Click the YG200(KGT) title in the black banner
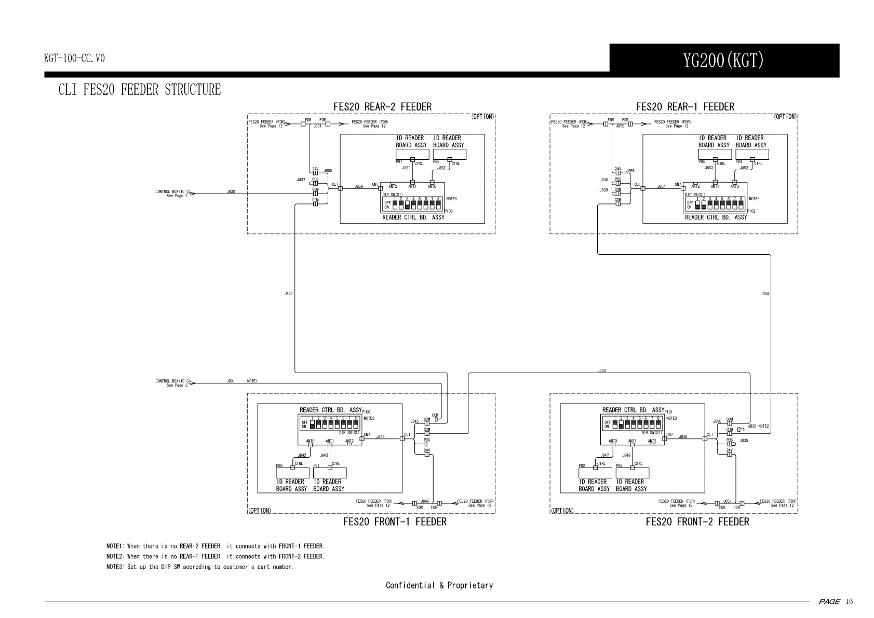coord(723,61)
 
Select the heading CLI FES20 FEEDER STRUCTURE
coord(139,90)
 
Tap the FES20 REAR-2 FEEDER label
coord(382,107)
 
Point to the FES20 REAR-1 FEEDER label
coord(685,107)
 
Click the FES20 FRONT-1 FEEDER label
coord(395,521)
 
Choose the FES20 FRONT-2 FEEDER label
coord(697,521)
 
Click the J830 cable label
coord(231,191)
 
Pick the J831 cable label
coord(231,381)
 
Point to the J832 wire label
coord(288,294)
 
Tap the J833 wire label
coord(601,370)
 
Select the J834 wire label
coord(764,294)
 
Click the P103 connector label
coord(449,211)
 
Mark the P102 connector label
coord(751,211)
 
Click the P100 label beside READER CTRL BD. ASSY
coord(366,412)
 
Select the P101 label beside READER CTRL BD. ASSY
coord(669,412)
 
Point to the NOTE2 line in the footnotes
coord(215,556)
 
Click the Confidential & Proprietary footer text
coord(439,585)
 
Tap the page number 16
coord(849,601)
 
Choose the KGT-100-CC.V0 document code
coord(74,58)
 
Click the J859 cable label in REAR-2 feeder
coord(359,186)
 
